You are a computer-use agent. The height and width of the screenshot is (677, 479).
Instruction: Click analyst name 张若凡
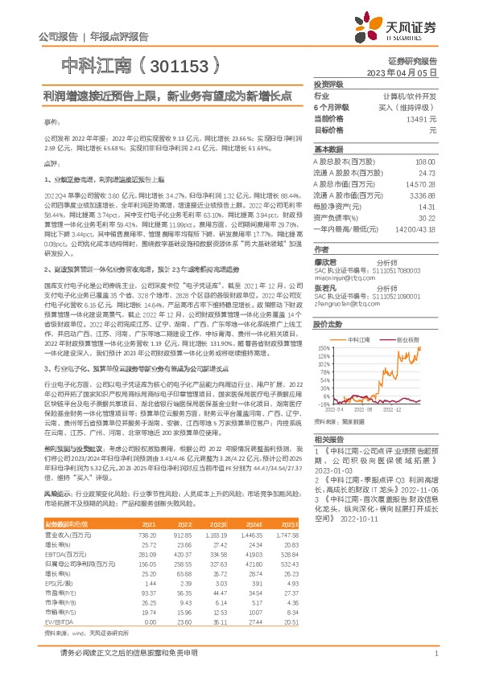point(326,287)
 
